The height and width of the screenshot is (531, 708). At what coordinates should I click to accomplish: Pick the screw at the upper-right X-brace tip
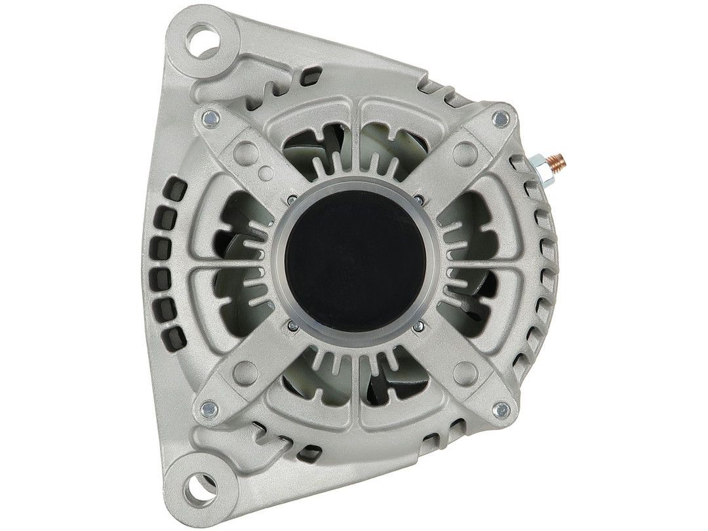(501, 119)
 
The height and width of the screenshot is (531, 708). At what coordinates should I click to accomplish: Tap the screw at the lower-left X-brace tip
(210, 408)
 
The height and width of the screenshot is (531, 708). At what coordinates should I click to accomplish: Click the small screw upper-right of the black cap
(416, 198)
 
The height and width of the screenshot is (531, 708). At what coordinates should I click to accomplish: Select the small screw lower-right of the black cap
(416, 324)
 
